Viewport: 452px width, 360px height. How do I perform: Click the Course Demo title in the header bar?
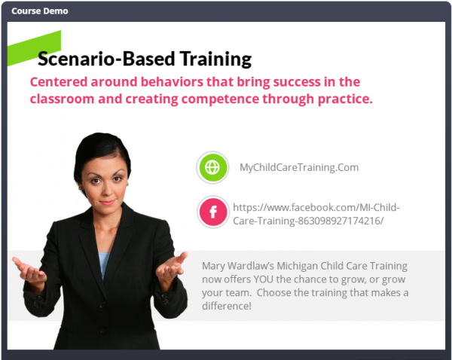coord(40,11)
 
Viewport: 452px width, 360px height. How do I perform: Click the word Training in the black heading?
coord(215,59)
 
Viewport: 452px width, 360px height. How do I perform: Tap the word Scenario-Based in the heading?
coord(106,59)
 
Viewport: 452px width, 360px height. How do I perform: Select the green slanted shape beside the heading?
coord(35,47)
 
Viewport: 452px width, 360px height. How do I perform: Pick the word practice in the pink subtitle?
coord(345,99)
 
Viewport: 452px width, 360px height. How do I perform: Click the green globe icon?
coord(212,167)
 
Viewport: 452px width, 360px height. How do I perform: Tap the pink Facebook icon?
coord(213,212)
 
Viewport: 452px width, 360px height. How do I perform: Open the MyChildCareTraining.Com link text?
coord(299,167)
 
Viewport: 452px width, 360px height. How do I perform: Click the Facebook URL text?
coord(316,214)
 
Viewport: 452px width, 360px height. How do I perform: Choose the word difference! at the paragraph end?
coord(227,306)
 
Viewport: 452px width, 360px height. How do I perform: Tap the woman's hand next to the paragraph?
coord(172,267)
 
